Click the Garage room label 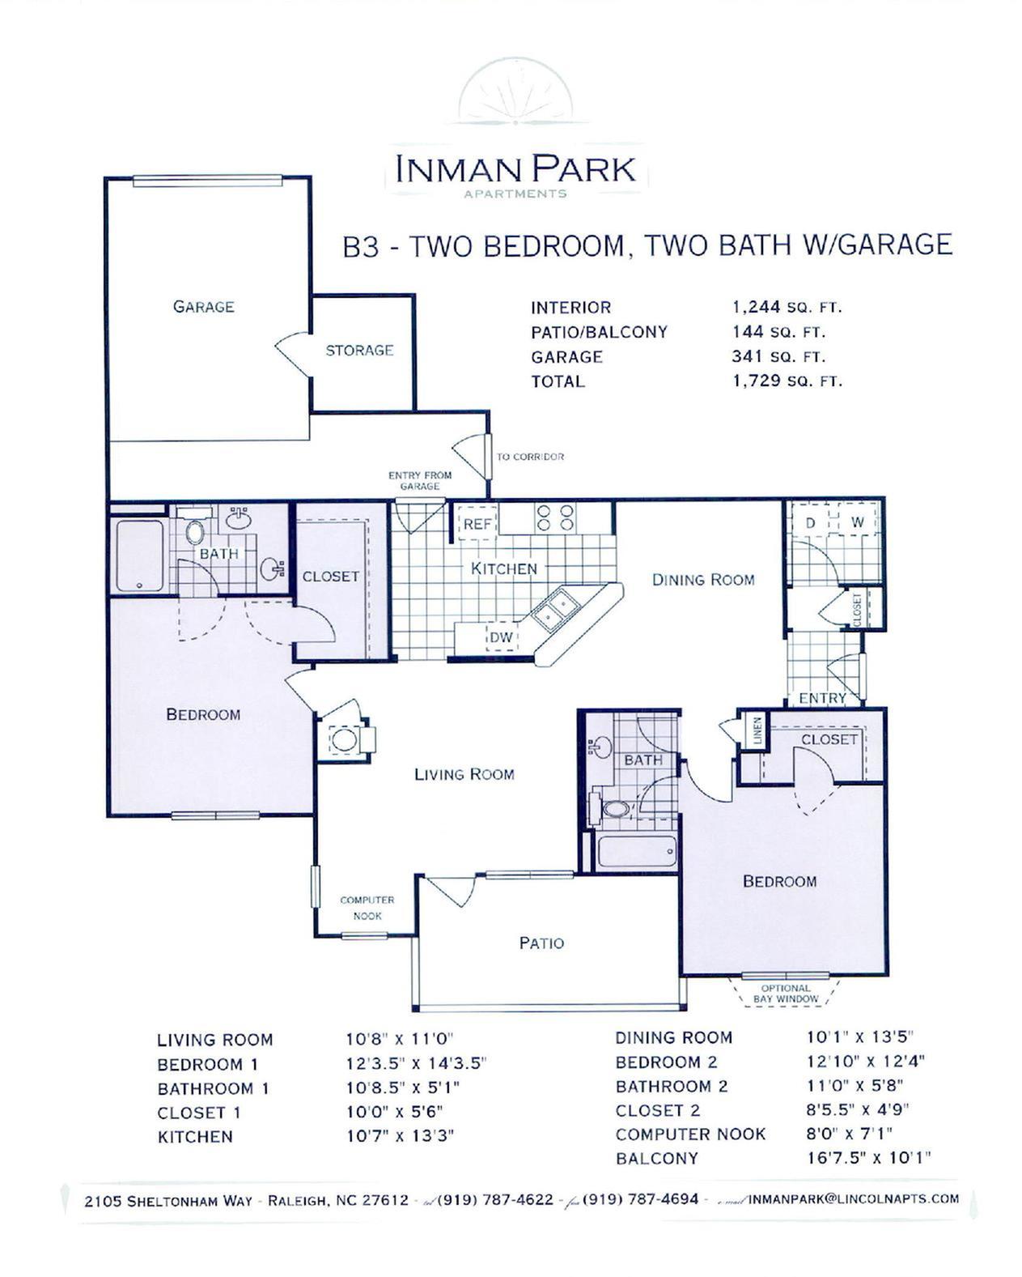pyautogui.click(x=203, y=307)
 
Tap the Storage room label pyautogui.click(x=359, y=351)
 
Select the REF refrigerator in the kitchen pyautogui.click(x=477, y=524)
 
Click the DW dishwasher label pyautogui.click(x=502, y=637)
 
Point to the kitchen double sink pyautogui.click(x=553, y=610)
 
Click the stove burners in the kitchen pyautogui.click(x=556, y=518)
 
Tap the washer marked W pyautogui.click(x=858, y=523)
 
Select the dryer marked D pyautogui.click(x=810, y=523)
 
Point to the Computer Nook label pyautogui.click(x=367, y=908)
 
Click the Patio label pyautogui.click(x=541, y=943)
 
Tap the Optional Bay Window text pyautogui.click(x=786, y=994)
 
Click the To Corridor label pyautogui.click(x=530, y=457)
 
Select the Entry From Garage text pyautogui.click(x=420, y=480)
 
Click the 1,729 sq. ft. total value pyautogui.click(x=787, y=381)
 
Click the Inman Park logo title pyautogui.click(x=515, y=168)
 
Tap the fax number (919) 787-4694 pyautogui.click(x=640, y=1198)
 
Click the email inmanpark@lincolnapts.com pyautogui.click(x=854, y=1198)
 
